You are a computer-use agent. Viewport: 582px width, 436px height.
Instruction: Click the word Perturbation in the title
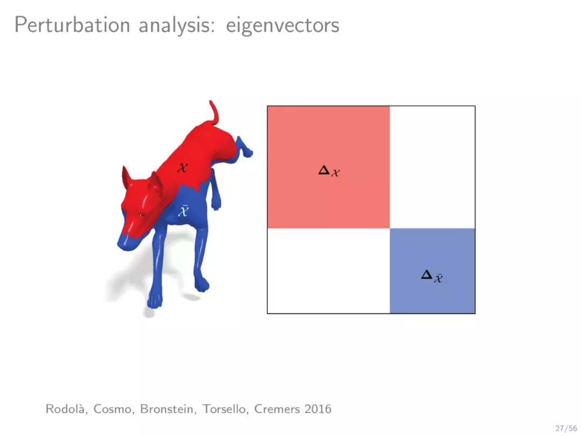72,25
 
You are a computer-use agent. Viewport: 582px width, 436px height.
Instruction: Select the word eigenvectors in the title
282,26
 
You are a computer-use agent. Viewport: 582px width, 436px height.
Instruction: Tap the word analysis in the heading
177,26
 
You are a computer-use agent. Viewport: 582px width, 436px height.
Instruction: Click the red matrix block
329,167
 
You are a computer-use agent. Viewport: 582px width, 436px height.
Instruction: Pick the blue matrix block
432,271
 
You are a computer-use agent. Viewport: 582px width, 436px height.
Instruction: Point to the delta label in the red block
329,171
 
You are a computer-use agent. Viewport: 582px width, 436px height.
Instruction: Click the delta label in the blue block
432,276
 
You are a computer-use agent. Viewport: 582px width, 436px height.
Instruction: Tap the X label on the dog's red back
182,168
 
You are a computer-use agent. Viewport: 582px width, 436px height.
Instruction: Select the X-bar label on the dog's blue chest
183,210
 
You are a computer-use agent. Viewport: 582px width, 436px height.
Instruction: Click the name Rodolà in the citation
66,409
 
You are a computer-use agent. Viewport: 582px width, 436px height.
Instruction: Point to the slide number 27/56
566,428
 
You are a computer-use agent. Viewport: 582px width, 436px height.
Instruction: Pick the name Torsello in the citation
225,409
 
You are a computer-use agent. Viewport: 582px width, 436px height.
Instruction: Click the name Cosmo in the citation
114,409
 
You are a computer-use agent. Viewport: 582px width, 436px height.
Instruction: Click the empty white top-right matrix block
432,167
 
